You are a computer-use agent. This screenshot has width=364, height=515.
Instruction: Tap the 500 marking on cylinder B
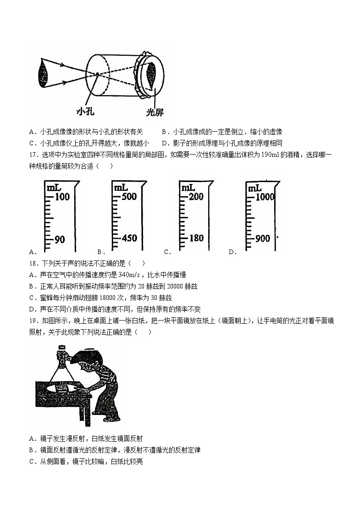point(130,197)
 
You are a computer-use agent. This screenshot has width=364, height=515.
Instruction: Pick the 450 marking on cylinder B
point(130,238)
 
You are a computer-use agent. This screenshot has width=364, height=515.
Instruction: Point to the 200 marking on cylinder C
point(196,197)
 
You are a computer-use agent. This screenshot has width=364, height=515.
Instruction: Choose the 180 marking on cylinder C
point(196,238)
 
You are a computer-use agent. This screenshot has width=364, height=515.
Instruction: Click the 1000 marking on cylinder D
point(265,197)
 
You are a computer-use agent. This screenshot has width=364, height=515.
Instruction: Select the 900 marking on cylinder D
point(263,238)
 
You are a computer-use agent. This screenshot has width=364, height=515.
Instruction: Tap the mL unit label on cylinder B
point(121,188)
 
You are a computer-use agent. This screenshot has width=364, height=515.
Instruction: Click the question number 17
point(32,155)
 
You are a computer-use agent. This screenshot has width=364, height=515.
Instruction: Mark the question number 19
point(32,321)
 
